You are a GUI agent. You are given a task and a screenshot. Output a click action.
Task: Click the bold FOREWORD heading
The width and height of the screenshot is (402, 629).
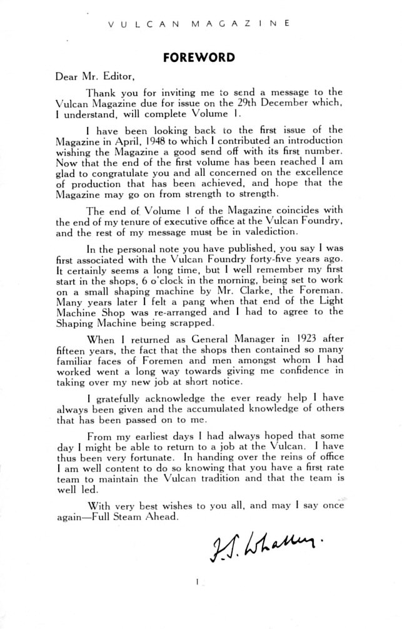(198, 58)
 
